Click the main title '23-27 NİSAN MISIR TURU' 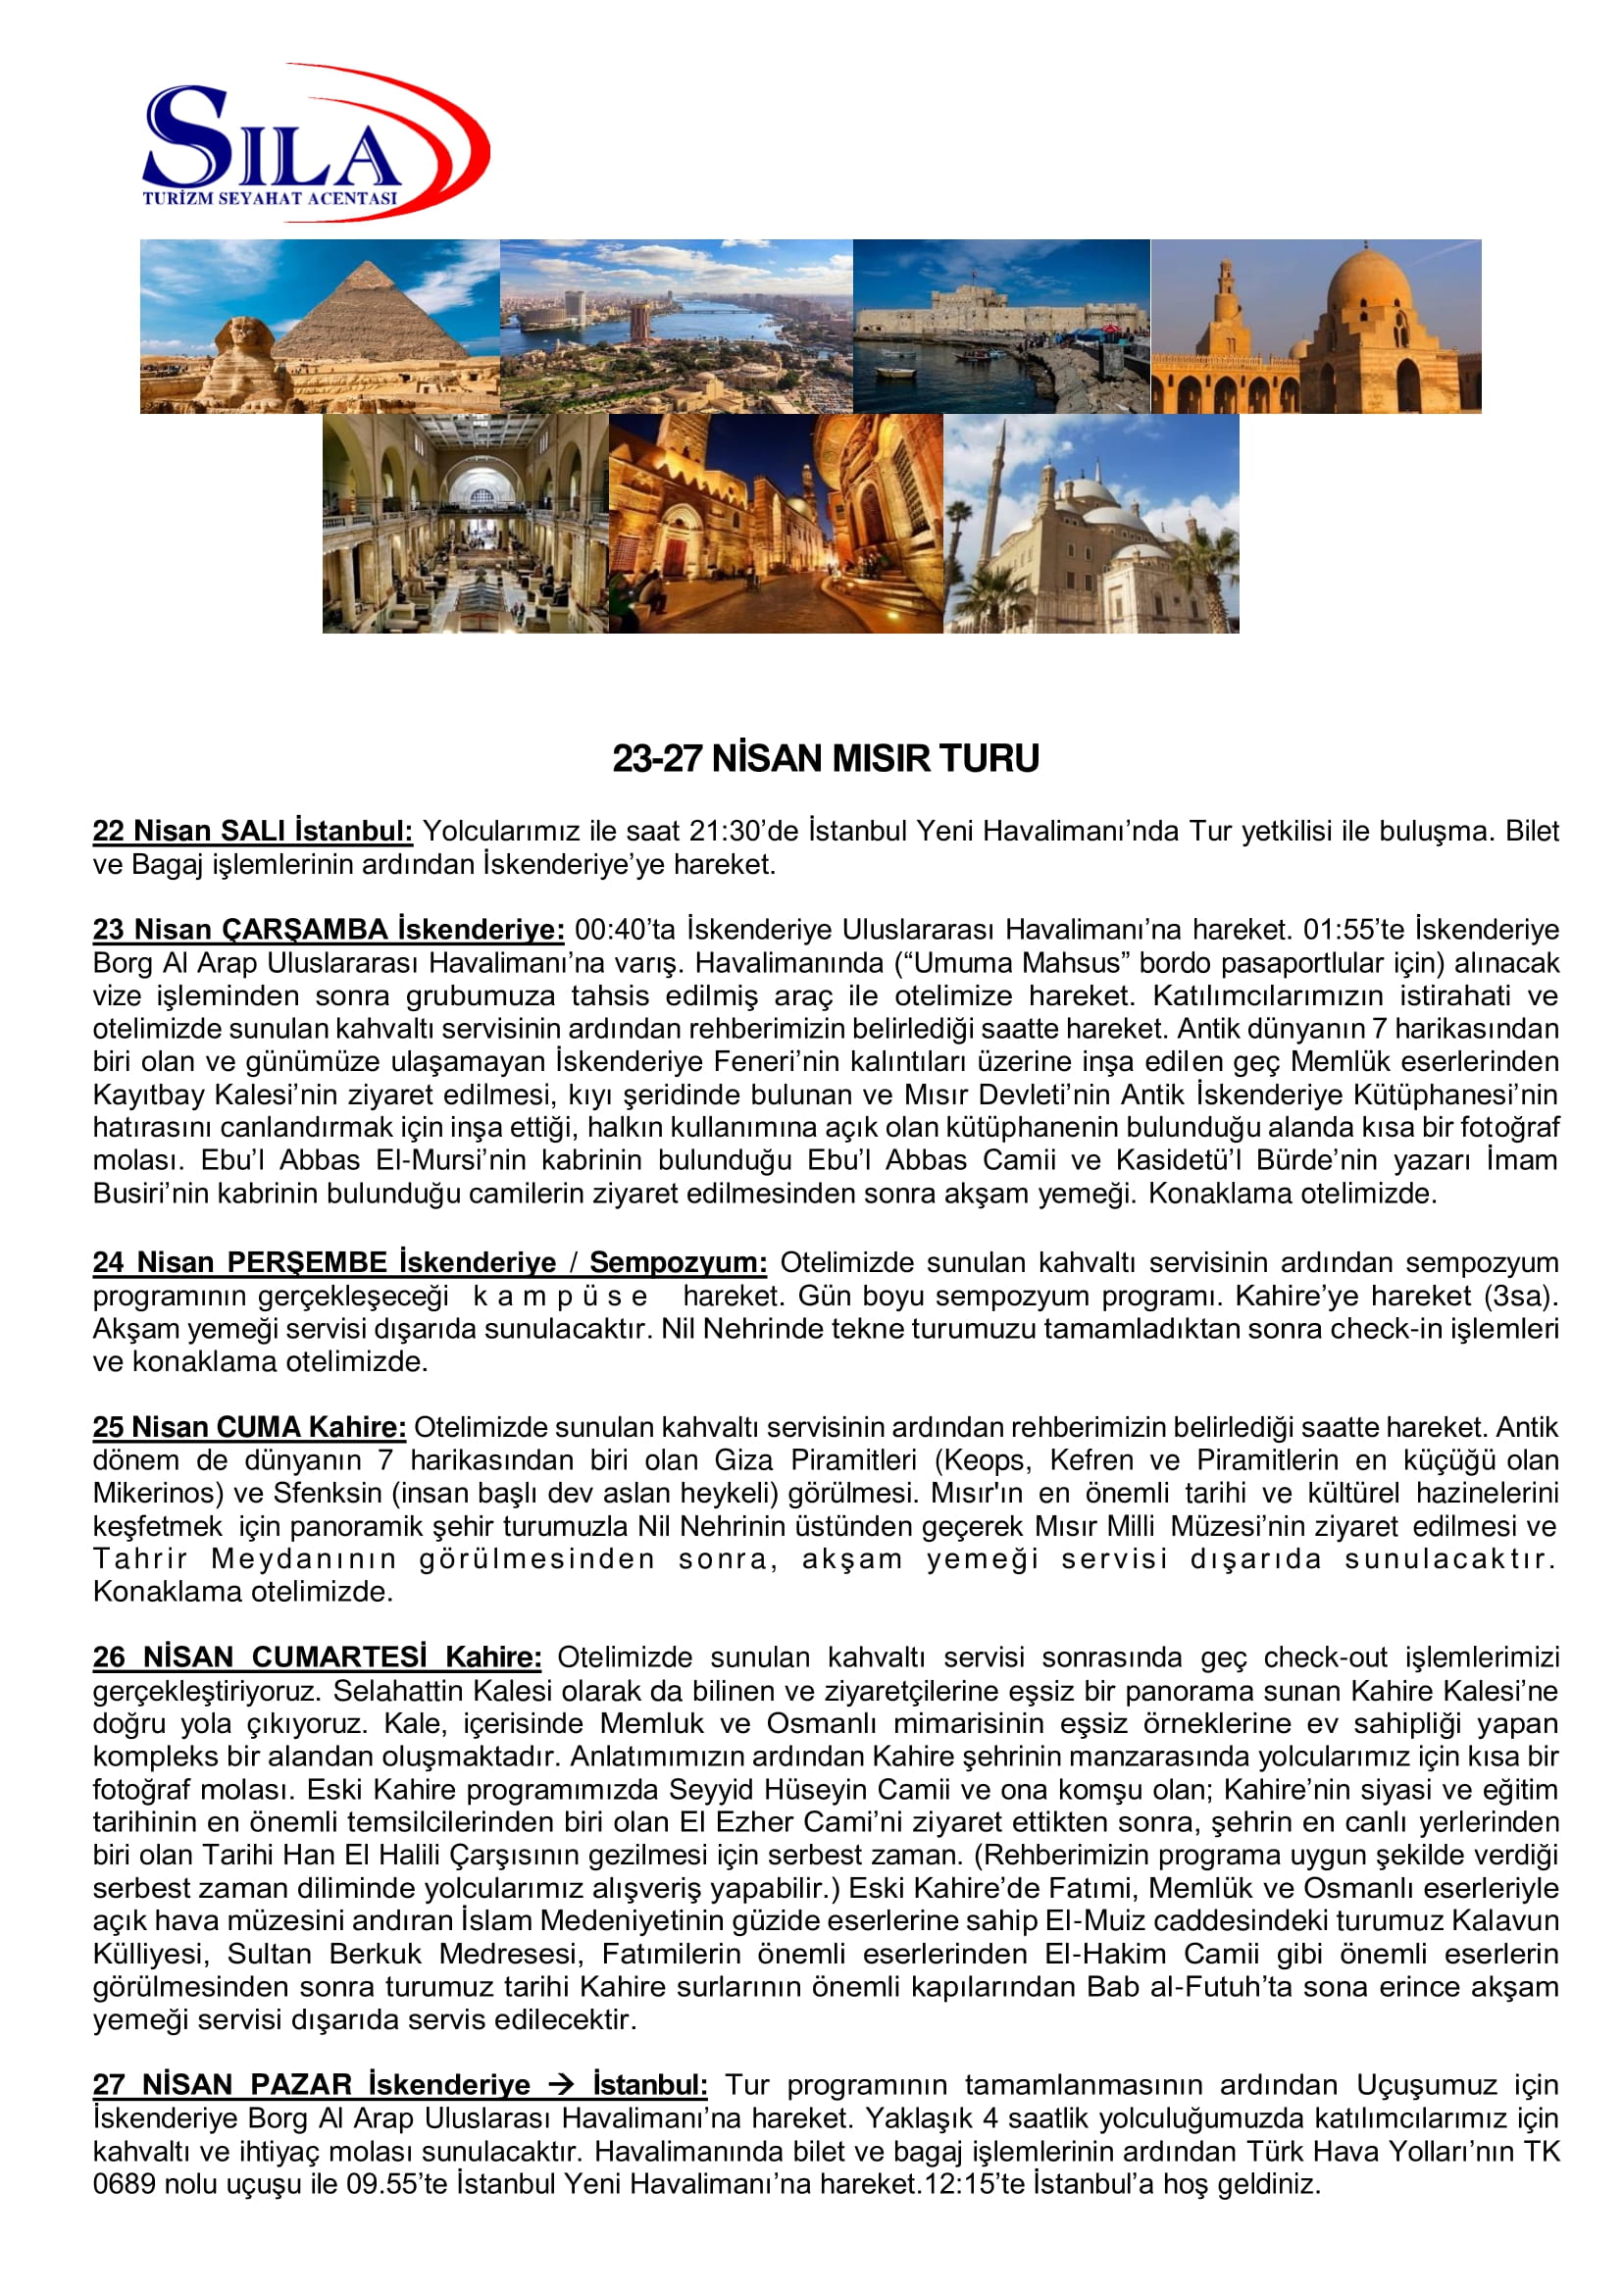(826, 759)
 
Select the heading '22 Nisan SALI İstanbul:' (253, 832)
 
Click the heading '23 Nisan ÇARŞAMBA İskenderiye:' (329, 930)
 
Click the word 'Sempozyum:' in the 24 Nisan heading (678, 1262)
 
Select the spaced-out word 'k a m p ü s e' (560, 1296)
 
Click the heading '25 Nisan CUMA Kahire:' (250, 1427)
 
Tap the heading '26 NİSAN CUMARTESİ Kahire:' (318, 1657)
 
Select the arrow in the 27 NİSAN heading (561, 2085)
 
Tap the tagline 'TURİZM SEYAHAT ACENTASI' (270, 198)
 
